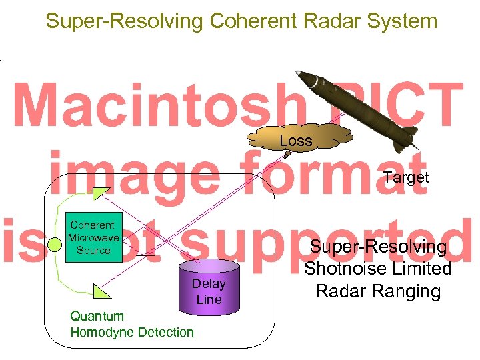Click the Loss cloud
[x=296, y=141]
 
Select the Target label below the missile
[x=406, y=177]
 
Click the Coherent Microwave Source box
[x=93, y=238]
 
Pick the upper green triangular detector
[x=100, y=195]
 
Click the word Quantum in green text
[x=97, y=316]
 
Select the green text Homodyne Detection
[x=132, y=332]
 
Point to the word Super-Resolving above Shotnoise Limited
[x=377, y=247]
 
